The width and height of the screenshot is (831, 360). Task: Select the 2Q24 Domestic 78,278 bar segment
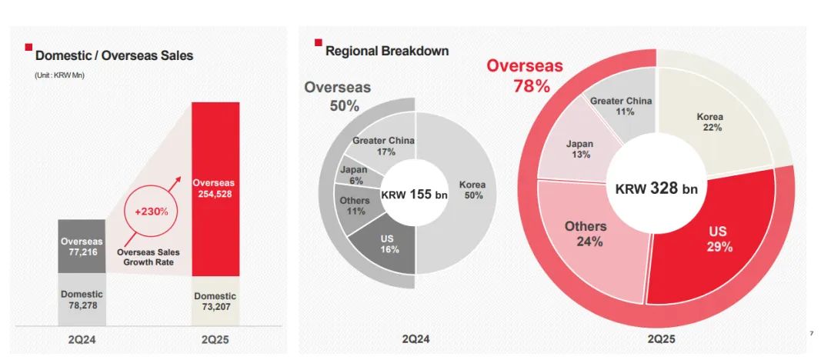click(82, 301)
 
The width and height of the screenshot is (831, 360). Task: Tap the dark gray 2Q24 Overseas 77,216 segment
click(82, 246)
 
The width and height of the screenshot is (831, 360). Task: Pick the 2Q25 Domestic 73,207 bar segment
click(215, 302)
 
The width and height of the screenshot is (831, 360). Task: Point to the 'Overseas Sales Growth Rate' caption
click(149, 255)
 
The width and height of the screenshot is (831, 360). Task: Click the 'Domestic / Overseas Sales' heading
click(114, 55)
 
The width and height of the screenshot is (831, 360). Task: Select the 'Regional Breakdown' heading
click(387, 52)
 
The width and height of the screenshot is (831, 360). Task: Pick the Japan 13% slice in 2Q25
click(579, 148)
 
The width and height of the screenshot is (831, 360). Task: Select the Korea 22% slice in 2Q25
click(712, 123)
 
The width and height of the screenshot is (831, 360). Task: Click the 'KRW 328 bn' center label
click(656, 188)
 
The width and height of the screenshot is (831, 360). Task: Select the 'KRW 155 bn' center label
click(415, 195)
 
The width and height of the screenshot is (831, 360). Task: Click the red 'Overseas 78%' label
click(525, 75)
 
